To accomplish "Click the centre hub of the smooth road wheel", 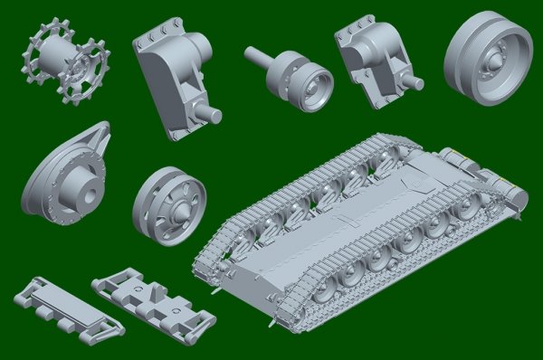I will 496,59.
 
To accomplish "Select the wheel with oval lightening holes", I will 169,206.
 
